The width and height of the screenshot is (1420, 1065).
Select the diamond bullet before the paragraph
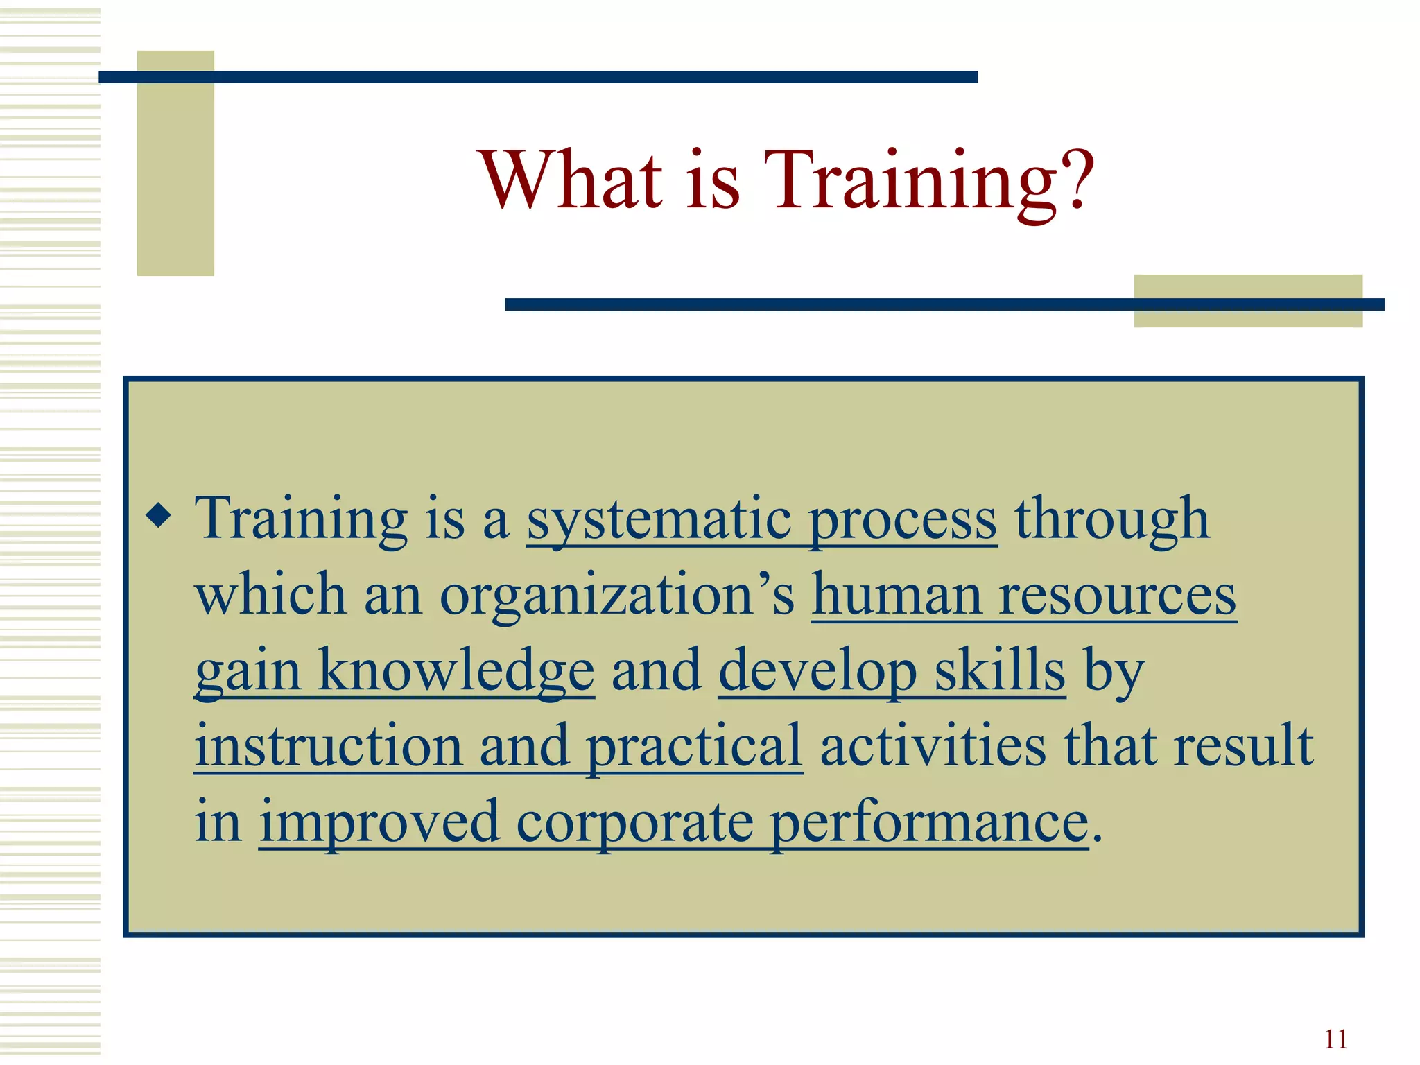tap(159, 516)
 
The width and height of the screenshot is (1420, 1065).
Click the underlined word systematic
tap(659, 520)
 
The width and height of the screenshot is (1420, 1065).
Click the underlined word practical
tap(694, 747)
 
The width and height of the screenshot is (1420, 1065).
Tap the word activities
tap(933, 746)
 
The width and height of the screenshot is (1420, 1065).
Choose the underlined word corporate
tap(634, 824)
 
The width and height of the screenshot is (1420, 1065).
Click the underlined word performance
tap(929, 824)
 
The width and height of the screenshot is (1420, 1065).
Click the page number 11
tap(1335, 1039)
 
